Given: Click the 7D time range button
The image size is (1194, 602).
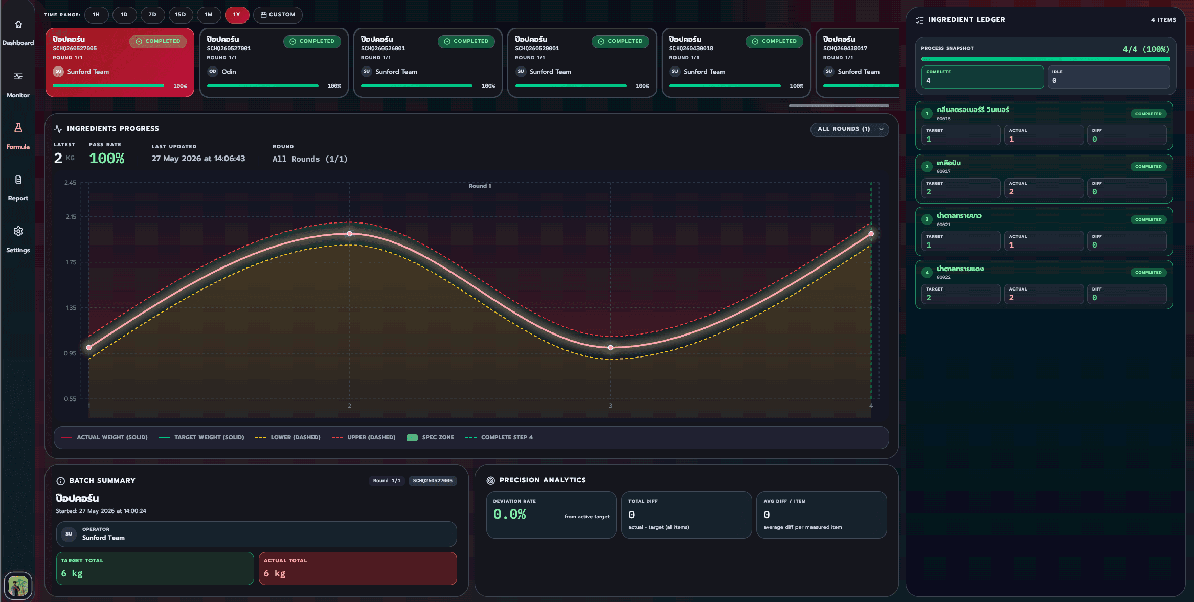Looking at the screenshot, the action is pos(152,15).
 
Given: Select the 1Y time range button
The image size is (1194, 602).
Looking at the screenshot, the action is pos(237,15).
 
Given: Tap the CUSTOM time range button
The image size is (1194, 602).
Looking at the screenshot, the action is pos(278,15).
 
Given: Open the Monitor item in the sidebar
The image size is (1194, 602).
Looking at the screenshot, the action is pos(18,84).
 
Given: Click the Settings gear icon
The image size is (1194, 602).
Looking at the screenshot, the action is pos(18,231).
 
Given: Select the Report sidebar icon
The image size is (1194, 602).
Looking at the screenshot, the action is pos(18,180).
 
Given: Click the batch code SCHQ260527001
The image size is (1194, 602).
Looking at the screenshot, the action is pos(229,49).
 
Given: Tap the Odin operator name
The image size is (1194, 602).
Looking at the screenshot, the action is pos(229,72).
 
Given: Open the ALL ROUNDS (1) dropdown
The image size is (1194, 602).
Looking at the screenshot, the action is pos(849,129).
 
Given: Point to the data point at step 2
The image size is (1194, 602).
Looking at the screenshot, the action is pos(350,234).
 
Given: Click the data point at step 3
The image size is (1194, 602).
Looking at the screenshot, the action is pos(610,348).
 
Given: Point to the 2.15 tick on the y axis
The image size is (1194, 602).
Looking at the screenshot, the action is pos(71,217).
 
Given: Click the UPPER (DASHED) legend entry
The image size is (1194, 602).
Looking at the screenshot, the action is pos(364,438).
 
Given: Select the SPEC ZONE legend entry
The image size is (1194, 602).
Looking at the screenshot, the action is pos(431,438).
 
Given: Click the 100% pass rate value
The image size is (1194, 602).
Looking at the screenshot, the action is pos(107,159).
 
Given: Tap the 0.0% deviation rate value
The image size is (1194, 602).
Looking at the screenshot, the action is pos(509,515).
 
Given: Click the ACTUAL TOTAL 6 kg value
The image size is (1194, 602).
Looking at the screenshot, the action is pos(275,573).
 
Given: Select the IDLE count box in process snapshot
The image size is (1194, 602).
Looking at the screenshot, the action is pos(1109,77).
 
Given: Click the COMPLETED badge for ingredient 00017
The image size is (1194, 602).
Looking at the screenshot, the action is pos(1148,167).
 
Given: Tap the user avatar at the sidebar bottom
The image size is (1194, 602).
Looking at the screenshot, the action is pos(18,586).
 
